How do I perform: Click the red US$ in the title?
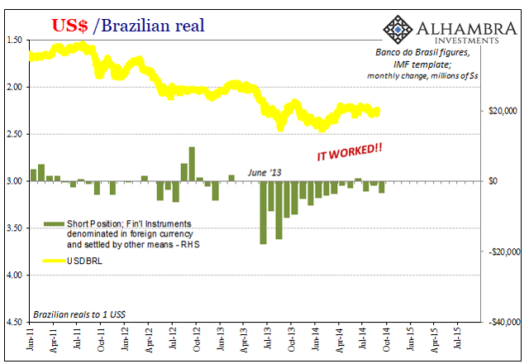pos(71,25)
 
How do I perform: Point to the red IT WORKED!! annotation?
pos(350,152)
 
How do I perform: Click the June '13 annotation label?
pos(264,172)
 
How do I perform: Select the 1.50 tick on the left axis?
pos(15,40)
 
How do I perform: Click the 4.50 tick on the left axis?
pos(15,322)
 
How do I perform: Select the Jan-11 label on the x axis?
pos(29,342)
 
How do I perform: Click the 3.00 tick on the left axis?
pos(15,181)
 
